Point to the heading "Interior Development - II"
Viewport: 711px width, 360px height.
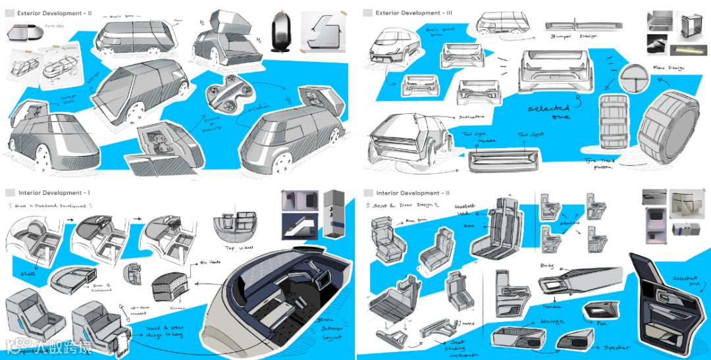[x=413, y=193]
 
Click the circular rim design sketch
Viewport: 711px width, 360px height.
[x=637, y=82]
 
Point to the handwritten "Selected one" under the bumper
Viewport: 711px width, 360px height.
[x=550, y=111]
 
